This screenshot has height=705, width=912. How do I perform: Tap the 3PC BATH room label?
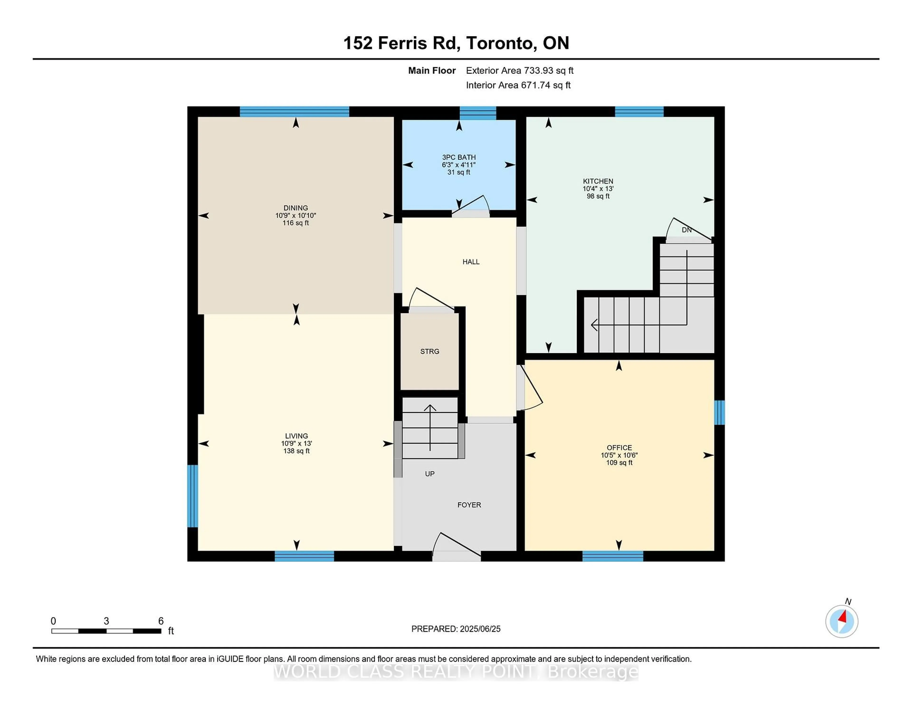coord(459,157)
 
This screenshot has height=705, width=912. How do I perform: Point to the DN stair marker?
coord(687,230)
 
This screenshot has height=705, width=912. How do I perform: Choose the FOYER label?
coord(469,505)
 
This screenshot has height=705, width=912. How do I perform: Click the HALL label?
coord(471,262)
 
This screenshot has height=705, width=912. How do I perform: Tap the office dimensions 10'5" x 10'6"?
coord(619,455)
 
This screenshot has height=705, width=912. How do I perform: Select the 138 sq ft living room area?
coord(296,451)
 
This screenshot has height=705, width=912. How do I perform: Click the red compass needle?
coord(843,617)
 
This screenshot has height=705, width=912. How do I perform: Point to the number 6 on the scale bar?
coord(161,621)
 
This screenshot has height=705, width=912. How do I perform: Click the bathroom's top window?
coord(478,113)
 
